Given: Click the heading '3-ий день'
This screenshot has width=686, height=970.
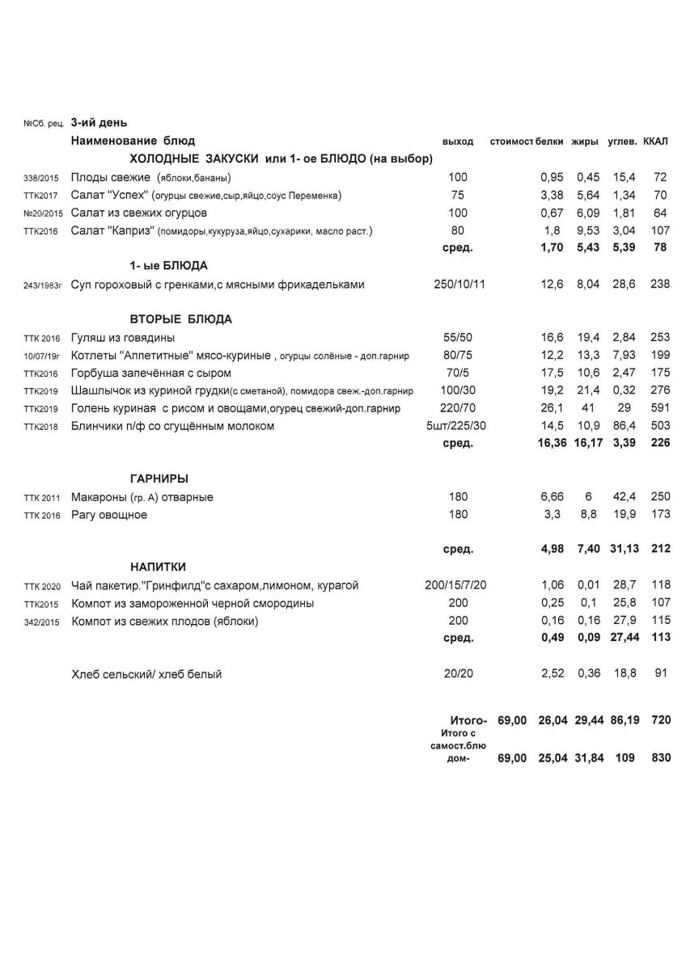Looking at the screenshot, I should click(98, 123).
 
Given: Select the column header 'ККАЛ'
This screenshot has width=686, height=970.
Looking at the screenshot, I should click(655, 141).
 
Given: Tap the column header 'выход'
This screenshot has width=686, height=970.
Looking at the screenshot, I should click(458, 141).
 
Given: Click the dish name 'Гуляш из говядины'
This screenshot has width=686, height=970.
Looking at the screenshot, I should click(123, 338).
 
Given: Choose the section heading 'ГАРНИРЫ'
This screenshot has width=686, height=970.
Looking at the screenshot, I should click(159, 479).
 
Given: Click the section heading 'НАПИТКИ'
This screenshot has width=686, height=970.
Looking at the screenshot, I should click(159, 567).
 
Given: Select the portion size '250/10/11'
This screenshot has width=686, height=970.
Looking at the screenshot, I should click(459, 285).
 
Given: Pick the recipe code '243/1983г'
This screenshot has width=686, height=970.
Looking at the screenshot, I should click(43, 285).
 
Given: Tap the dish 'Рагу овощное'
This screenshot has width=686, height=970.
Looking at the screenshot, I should click(109, 515).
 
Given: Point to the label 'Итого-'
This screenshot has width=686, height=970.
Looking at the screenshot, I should click(468, 719).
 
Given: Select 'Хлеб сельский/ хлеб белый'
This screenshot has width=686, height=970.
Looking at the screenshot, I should click(146, 674).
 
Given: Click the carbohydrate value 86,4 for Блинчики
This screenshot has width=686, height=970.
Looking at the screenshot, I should click(624, 426).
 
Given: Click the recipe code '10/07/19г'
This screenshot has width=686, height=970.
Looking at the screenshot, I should click(43, 356).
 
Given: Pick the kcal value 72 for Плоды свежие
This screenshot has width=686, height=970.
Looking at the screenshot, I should click(660, 177).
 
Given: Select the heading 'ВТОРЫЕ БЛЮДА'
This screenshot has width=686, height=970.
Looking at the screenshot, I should click(181, 319).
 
